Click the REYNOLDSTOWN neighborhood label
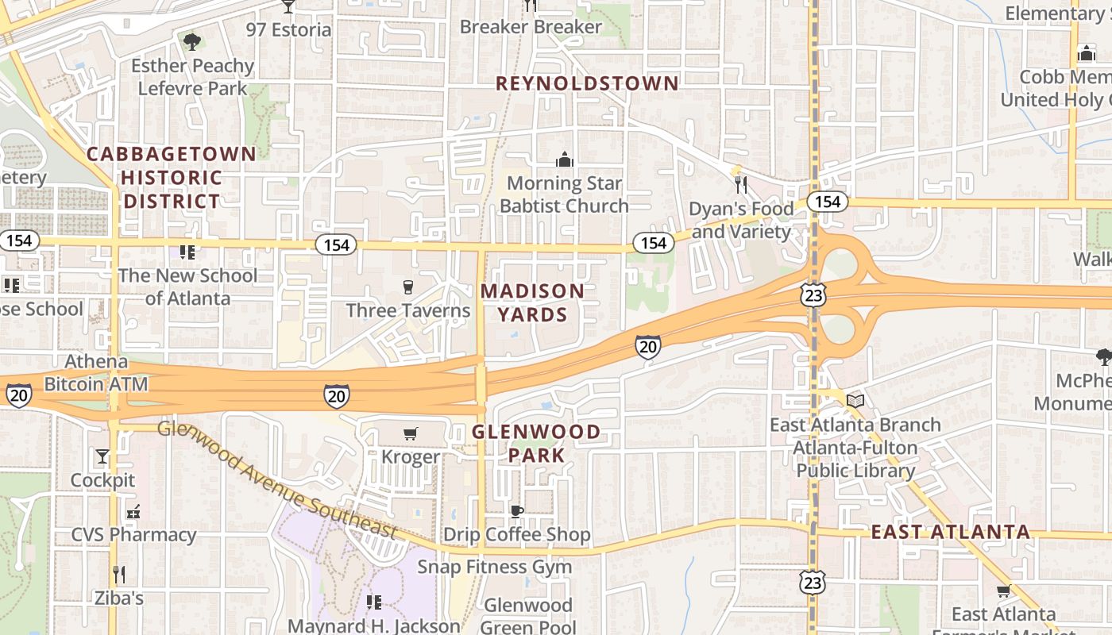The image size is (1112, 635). point(588,83)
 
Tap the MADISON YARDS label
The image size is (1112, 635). point(532,302)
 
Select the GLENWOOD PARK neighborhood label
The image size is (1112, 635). point(536,444)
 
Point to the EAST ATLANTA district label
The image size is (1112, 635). point(951,532)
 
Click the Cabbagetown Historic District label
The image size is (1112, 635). point(171,177)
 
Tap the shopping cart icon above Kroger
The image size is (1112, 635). point(411,433)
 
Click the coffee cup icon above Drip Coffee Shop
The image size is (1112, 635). point(516,511)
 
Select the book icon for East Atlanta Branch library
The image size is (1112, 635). point(855,401)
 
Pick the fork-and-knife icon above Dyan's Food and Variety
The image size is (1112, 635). point(741,185)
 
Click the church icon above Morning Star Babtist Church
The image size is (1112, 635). point(565,160)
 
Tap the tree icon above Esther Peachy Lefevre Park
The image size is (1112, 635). point(191,41)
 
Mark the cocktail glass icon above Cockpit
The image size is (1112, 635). point(102,456)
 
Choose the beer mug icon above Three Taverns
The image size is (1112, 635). point(408,287)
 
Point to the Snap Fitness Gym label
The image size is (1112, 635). point(494,567)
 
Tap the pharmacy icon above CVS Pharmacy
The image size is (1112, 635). point(133,511)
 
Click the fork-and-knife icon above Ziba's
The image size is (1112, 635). point(119,574)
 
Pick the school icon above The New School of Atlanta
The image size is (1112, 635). point(187,252)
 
